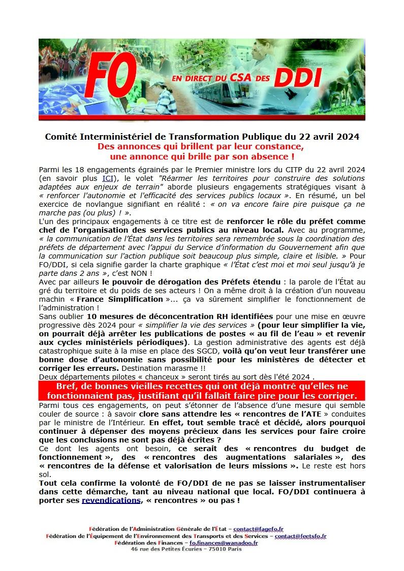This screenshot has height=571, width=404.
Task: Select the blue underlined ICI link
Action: point(108,178)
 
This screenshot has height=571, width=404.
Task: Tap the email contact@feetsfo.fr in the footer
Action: point(300,536)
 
